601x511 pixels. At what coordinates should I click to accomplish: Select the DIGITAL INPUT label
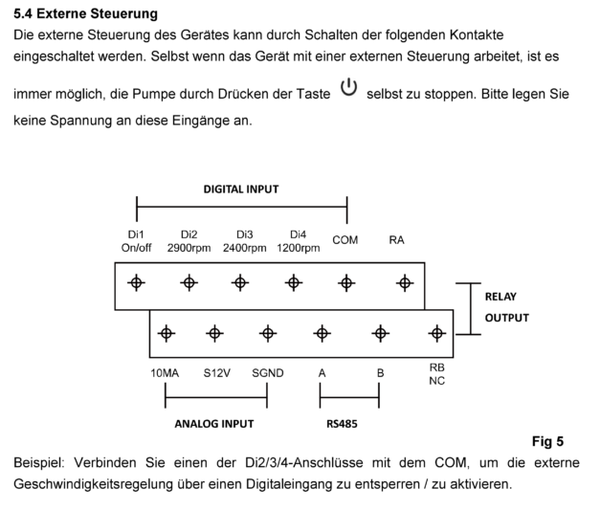[241, 189]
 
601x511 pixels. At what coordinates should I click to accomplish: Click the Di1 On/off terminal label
[137, 241]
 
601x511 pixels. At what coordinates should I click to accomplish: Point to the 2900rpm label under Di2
[189, 248]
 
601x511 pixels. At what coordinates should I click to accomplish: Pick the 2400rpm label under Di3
[244, 248]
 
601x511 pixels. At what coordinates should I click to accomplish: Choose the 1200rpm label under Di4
[299, 248]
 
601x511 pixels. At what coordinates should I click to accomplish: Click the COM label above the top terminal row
[345, 240]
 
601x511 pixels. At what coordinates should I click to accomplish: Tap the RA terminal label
[397, 240]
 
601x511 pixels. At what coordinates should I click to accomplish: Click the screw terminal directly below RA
[405, 282]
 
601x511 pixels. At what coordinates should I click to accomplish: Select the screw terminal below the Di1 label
[137, 282]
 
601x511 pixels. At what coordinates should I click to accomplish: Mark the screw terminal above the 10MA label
[167, 333]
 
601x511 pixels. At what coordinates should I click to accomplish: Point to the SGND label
[267, 373]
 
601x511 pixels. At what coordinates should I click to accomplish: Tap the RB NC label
[437, 374]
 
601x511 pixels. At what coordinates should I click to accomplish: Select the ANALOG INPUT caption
[213, 422]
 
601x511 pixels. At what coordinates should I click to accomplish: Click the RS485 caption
[349, 422]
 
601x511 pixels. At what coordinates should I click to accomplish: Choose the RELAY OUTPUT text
[506, 307]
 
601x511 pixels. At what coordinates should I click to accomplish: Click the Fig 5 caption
[546, 441]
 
